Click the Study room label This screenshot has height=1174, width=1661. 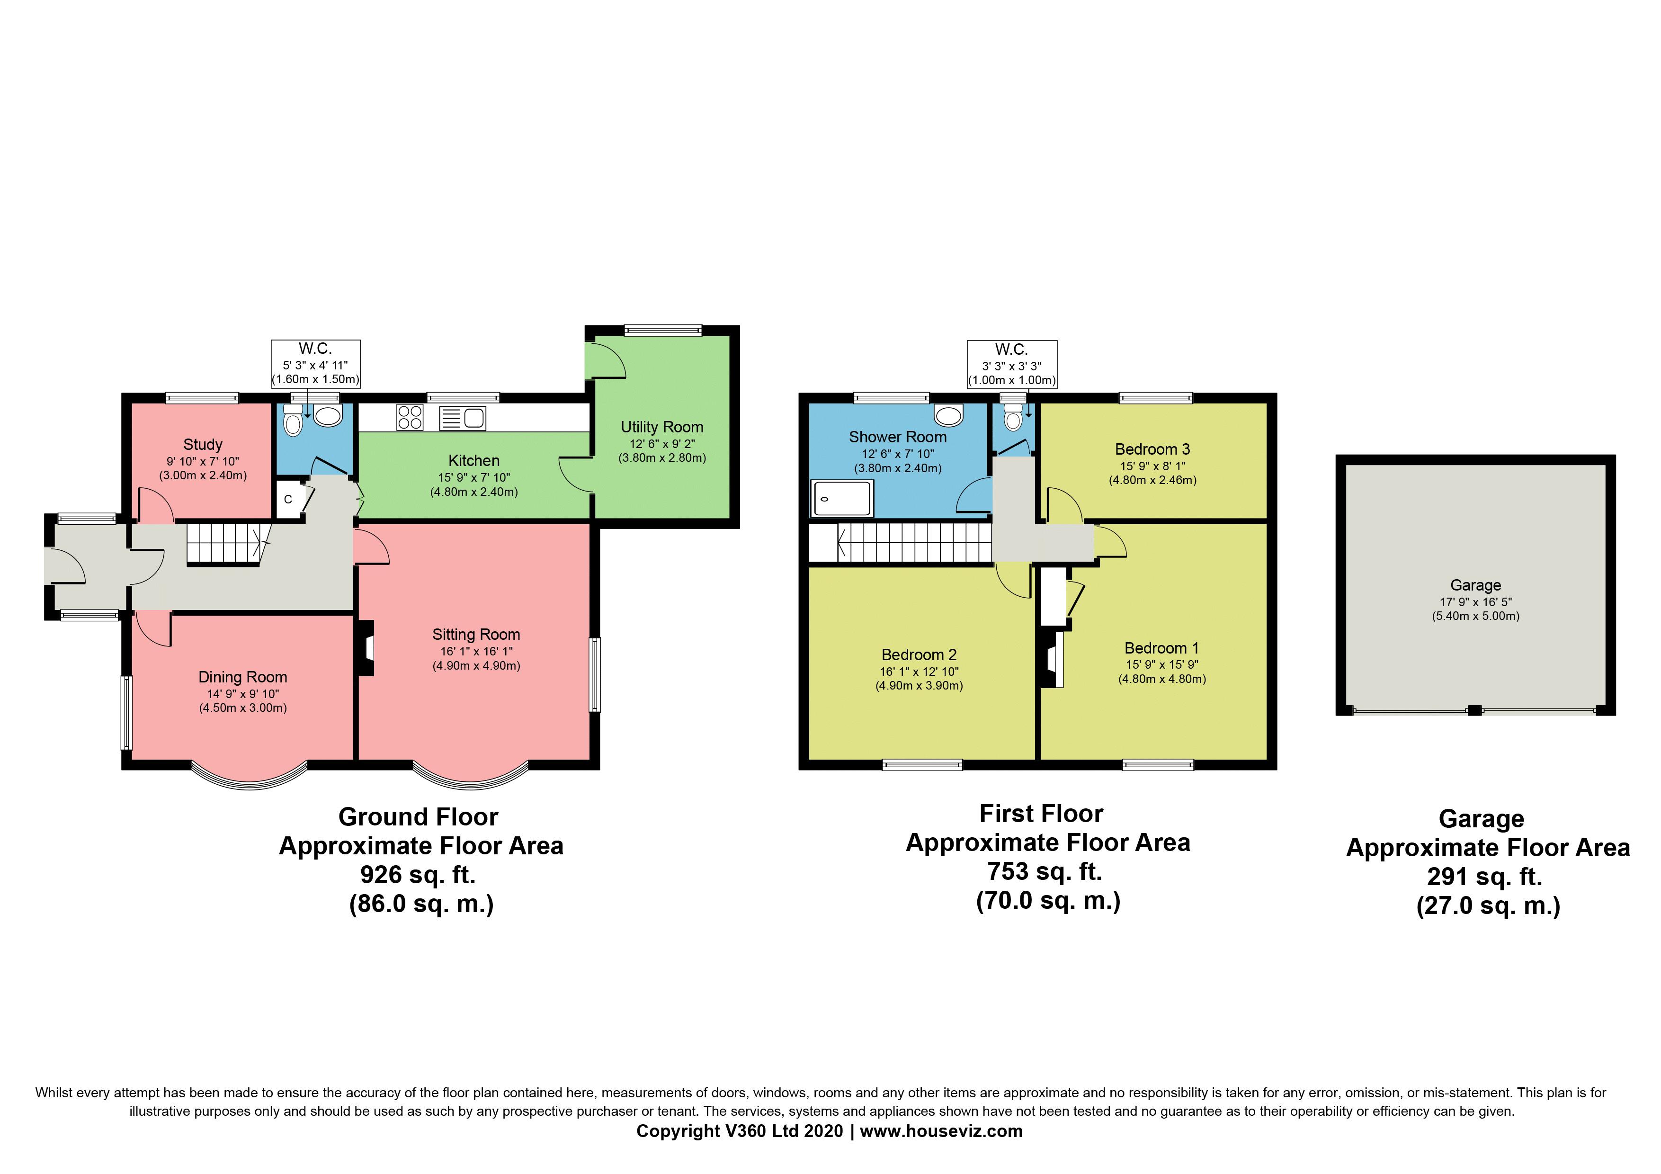pos(203,445)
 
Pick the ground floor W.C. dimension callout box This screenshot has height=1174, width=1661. pos(315,364)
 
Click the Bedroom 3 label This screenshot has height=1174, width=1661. pos(1152,449)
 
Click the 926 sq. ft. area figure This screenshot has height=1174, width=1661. pos(418,875)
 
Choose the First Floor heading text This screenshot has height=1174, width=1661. pos(1041,814)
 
